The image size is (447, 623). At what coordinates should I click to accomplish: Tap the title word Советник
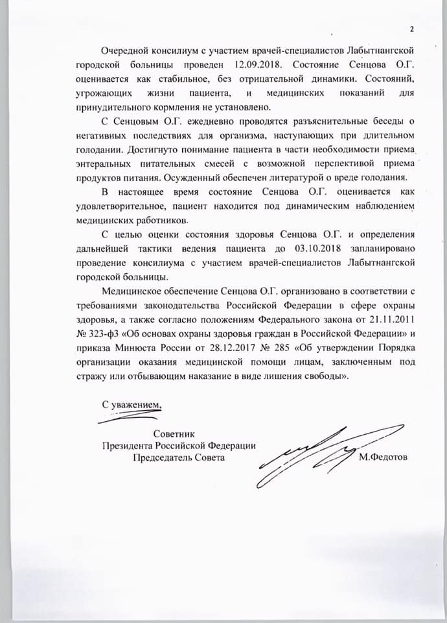(x=174, y=433)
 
